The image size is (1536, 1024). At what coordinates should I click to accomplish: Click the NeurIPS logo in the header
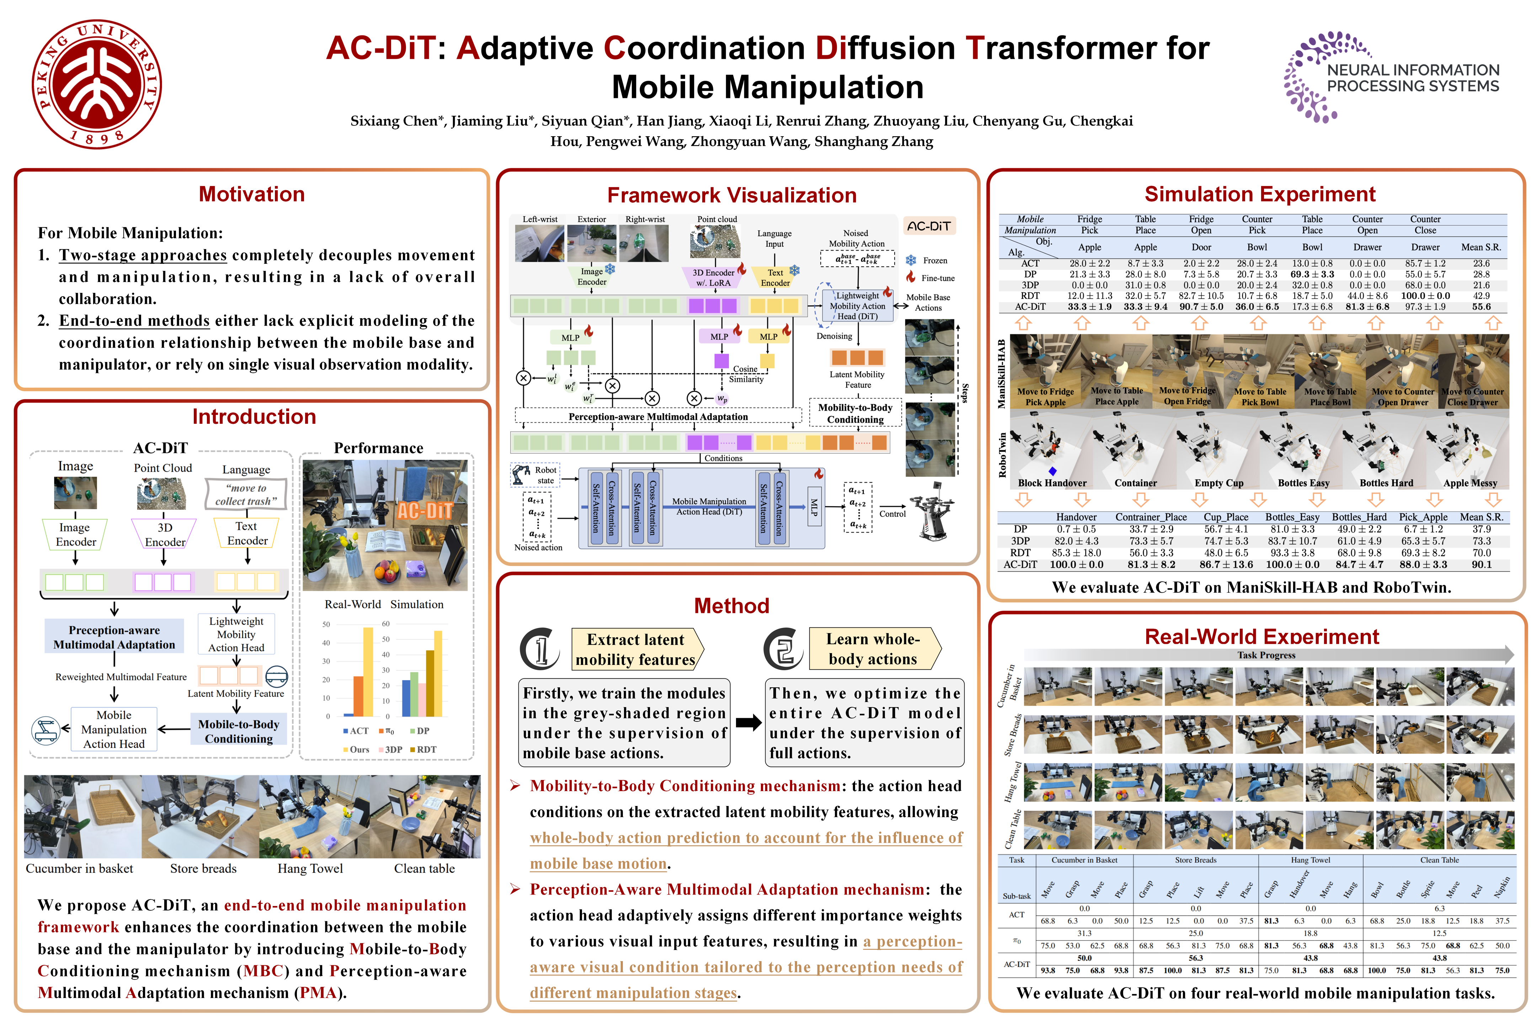[1391, 77]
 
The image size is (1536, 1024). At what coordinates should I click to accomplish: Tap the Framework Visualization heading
[731, 195]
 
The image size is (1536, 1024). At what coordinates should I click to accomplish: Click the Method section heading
[731, 606]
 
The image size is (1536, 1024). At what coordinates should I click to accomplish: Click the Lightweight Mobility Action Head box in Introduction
[236, 634]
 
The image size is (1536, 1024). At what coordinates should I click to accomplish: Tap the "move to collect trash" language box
[246, 494]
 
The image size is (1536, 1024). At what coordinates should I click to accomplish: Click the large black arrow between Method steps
[748, 722]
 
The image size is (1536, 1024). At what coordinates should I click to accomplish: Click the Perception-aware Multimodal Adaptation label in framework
[658, 417]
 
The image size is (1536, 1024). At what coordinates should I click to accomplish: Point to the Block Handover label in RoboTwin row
[1052, 483]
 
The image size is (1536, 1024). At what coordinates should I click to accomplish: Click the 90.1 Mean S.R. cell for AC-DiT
[1481, 564]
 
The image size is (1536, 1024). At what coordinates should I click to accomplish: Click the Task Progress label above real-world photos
[1266, 655]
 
